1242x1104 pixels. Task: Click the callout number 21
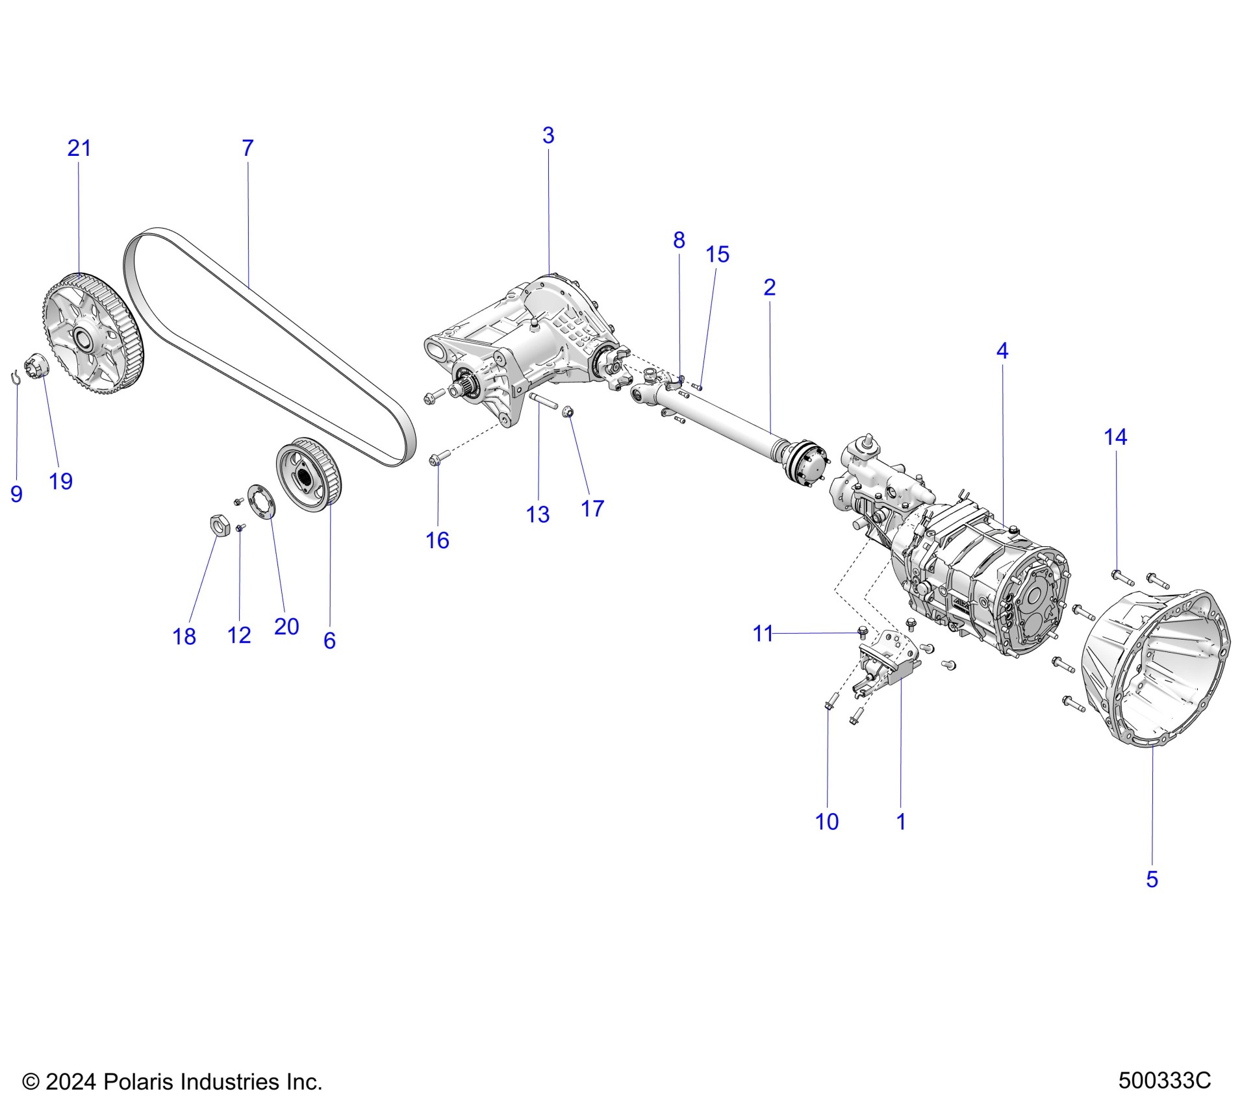[x=79, y=149]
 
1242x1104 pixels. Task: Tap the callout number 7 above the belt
[x=247, y=149]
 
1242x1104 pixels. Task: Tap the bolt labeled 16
[x=437, y=460]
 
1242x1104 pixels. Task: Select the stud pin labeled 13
[x=543, y=401]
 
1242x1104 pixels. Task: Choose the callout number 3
[x=548, y=136]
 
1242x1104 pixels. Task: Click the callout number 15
[x=717, y=255]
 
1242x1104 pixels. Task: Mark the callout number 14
[x=1115, y=438]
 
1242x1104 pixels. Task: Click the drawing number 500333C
[x=1164, y=1081]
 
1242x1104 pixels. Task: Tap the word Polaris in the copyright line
[x=138, y=1082]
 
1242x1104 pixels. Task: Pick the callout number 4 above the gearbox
[x=1002, y=351]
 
